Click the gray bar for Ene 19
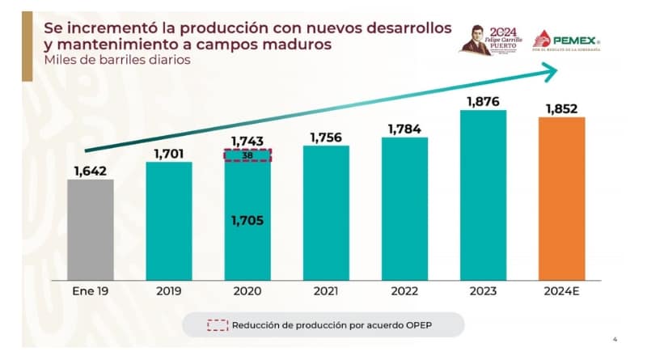tap(90, 228)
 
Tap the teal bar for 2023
tap(483, 193)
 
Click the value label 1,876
tap(483, 101)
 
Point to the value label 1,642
tap(91, 170)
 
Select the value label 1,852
tap(561, 108)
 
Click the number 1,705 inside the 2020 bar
tap(247, 220)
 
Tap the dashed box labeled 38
tap(247, 155)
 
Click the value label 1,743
tap(247, 141)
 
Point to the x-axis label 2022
tap(404, 290)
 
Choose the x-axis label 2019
tap(169, 290)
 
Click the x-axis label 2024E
tap(561, 290)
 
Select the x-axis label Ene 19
tap(90, 290)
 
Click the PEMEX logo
tap(570, 40)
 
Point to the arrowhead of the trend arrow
tap(550, 72)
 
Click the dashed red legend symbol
tap(217, 325)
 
